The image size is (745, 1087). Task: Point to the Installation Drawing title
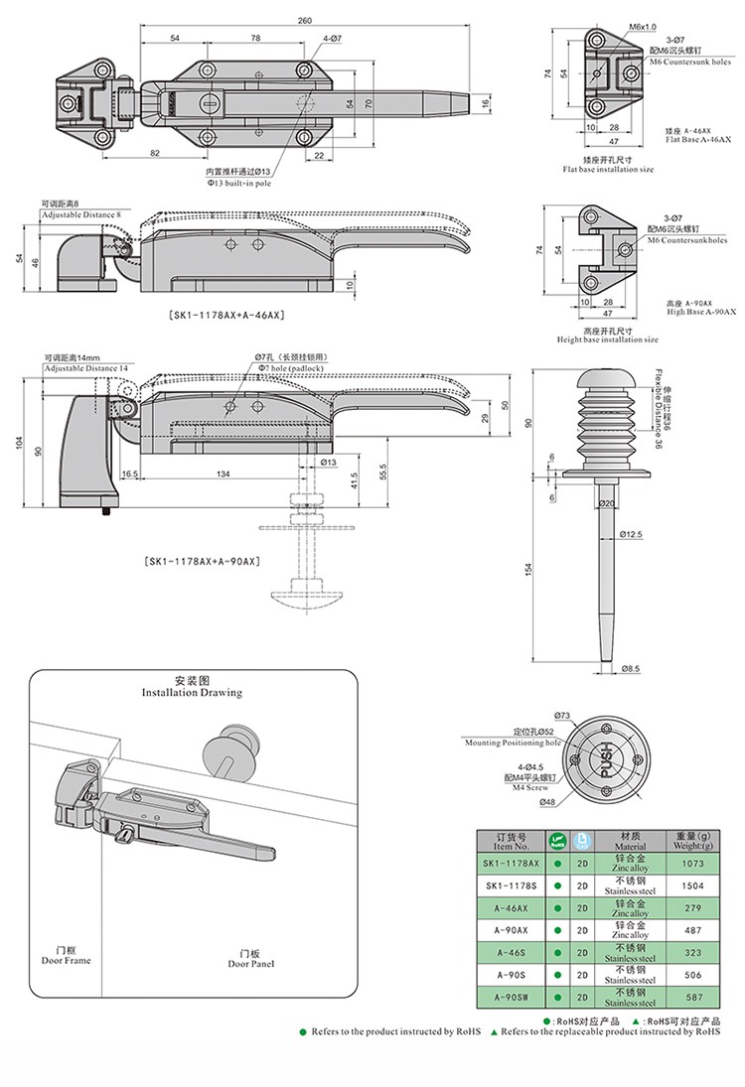point(192,687)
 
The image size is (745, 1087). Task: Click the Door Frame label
point(66,957)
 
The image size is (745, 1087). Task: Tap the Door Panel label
point(250,958)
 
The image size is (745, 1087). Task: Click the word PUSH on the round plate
point(606,761)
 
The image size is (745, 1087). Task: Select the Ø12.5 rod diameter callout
point(633,534)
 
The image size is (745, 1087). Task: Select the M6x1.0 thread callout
point(642,26)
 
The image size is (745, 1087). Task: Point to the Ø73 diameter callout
point(561,715)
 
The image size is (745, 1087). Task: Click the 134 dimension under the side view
point(223,475)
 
